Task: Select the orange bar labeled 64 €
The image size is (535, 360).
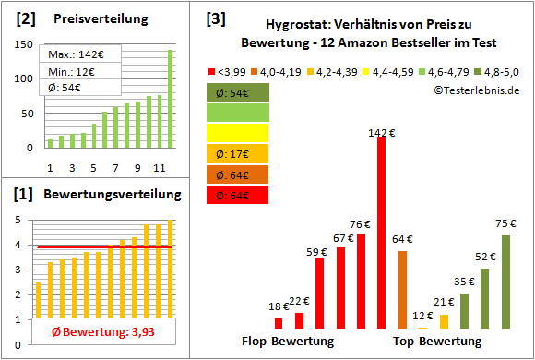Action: tap(402, 289)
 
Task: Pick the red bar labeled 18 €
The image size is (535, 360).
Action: tap(279, 323)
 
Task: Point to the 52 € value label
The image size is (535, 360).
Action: tap(484, 256)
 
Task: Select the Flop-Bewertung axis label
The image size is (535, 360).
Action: tap(288, 342)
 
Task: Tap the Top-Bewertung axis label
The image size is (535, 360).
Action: tap(437, 342)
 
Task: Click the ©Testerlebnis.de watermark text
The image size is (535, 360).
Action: tap(475, 90)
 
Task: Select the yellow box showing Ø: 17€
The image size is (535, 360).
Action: tap(238, 153)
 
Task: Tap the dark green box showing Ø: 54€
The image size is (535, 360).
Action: tap(238, 92)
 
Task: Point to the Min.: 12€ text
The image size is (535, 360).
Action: tap(68, 70)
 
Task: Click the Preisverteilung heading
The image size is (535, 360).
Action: tap(89, 19)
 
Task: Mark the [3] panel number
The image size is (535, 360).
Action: tap(216, 18)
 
